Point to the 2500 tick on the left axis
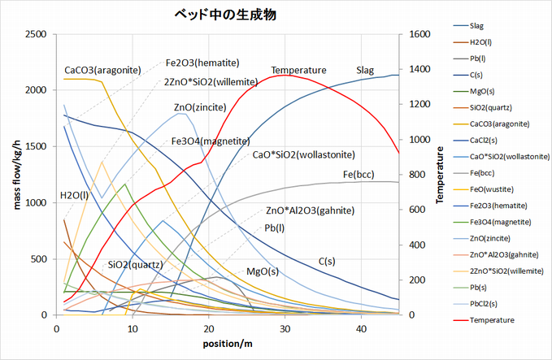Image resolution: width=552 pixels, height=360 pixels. click(x=36, y=34)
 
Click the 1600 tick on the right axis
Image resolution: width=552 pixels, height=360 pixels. click(x=415, y=34)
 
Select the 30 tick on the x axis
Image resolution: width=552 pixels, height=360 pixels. click(x=285, y=327)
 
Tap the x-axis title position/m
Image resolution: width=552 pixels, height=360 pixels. click(x=228, y=344)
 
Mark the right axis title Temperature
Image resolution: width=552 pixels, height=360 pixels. click(x=441, y=174)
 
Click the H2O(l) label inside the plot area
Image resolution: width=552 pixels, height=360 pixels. click(x=75, y=196)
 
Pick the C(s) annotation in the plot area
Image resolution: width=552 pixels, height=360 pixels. click(x=327, y=261)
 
